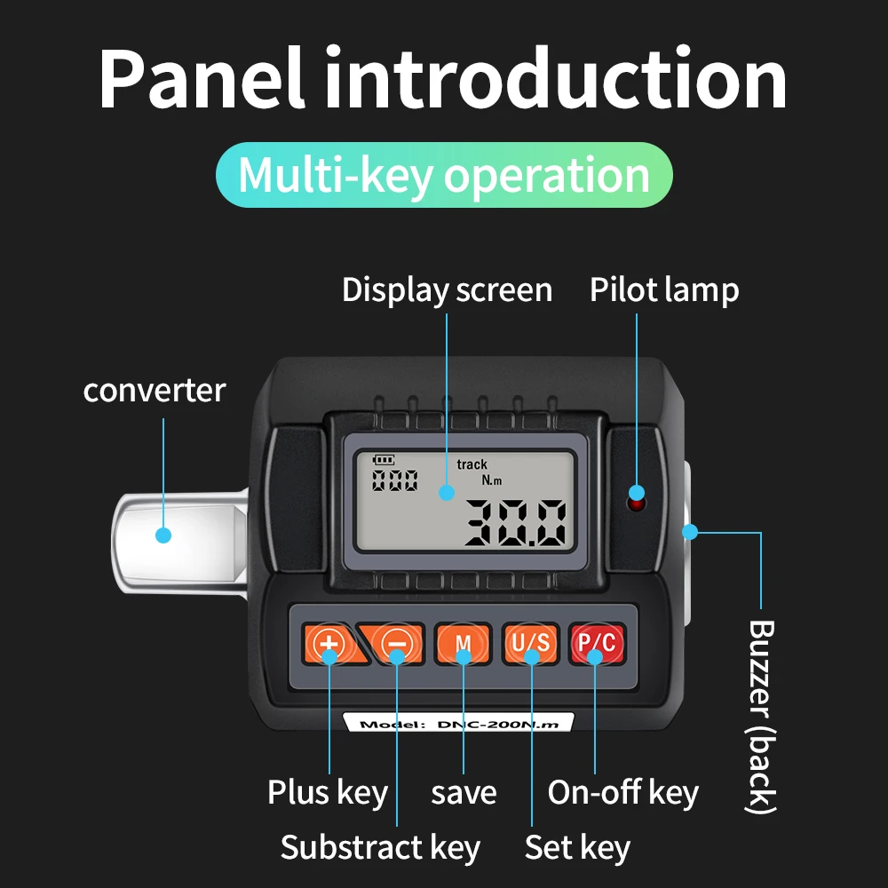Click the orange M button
(463, 644)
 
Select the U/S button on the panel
(530, 644)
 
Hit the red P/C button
(596, 644)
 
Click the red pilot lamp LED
(636, 503)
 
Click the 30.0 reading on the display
(515, 522)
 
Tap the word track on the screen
(472, 464)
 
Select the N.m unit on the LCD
(492, 480)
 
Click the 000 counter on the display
(394, 480)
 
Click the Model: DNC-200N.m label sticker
(458, 724)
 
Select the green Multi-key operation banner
(444, 175)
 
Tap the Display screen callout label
(447, 290)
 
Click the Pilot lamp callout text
(664, 290)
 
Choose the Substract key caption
(380, 847)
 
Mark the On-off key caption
(622, 792)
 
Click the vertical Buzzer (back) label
(762, 716)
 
